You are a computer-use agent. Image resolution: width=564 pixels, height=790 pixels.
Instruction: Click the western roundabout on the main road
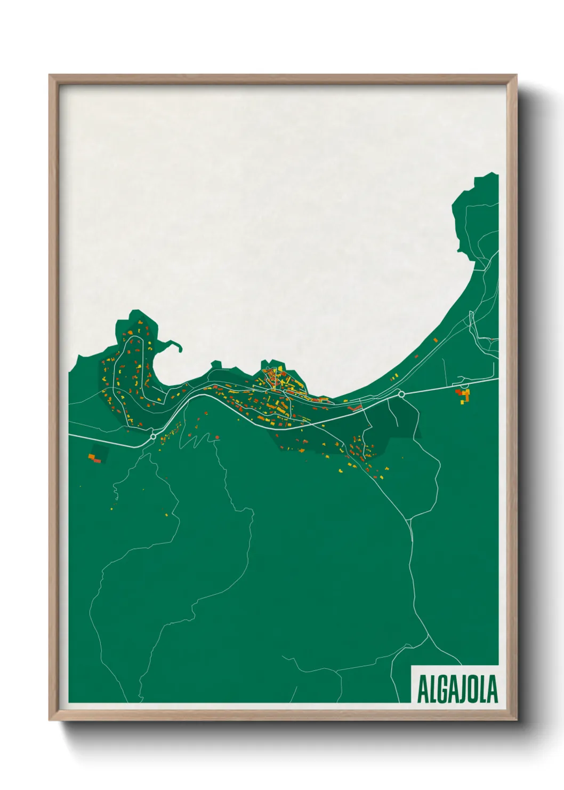pos(154,437)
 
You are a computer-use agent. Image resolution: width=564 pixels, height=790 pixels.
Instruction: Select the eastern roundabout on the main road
pos(401,394)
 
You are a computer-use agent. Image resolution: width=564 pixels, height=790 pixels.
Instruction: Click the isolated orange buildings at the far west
pos(94,457)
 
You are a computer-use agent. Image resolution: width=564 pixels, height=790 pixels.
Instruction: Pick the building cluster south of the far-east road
pos(463,395)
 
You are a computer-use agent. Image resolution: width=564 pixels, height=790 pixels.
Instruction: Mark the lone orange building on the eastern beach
pos(436,339)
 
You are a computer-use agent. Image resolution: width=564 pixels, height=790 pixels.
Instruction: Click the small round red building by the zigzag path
pos(217,437)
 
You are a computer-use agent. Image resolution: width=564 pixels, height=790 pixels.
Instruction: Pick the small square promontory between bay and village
pos(216,365)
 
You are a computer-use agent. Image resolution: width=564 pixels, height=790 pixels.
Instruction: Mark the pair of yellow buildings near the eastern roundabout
pos(394,378)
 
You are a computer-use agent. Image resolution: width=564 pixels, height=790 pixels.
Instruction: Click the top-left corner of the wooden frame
pos(50,75)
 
